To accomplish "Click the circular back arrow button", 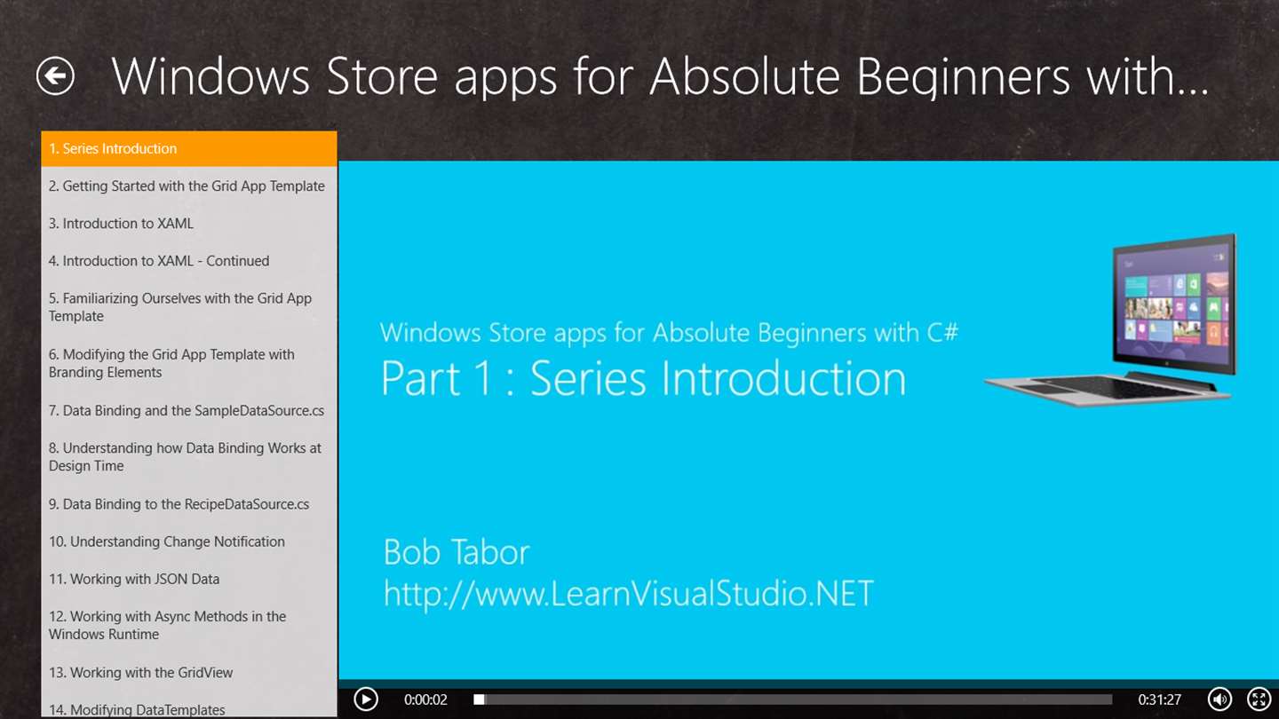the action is tap(55, 76).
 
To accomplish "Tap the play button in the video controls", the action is tap(365, 699).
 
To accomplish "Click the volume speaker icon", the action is tap(1219, 699).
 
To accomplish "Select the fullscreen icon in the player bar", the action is tap(1259, 699).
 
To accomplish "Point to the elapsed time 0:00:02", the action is tap(425, 699).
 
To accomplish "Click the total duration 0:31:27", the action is tap(1159, 699).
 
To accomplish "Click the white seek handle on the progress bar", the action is tap(479, 699).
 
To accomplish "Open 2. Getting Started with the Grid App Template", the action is tap(187, 186).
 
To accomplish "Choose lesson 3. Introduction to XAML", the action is tap(121, 224).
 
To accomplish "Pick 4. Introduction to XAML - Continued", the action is tap(159, 261).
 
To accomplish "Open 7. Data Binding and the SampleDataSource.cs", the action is tap(187, 411).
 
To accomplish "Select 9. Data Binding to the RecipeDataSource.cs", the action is tap(179, 504).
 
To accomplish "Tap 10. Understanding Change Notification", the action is tap(167, 541).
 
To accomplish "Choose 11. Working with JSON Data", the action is tap(134, 579).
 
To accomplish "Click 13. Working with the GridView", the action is tap(140, 673).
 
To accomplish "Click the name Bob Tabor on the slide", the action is tap(457, 552).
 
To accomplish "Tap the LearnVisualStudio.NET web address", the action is tap(629, 594).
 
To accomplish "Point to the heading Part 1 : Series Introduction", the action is tap(643, 378).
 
